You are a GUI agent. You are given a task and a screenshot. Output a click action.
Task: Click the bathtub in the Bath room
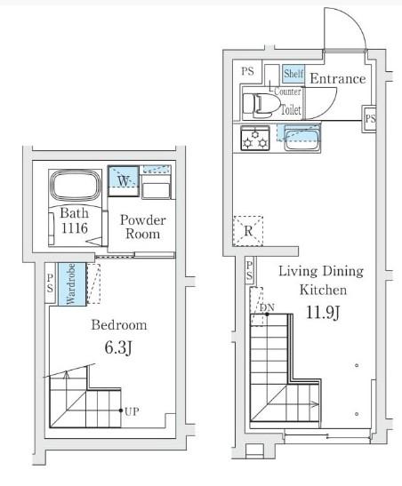76,186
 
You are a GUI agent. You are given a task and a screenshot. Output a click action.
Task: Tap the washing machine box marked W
123,181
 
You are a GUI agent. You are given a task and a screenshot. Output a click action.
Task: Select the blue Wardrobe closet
72,284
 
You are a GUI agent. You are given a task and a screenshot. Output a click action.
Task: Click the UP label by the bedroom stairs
132,411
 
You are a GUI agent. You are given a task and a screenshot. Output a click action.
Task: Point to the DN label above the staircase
267,307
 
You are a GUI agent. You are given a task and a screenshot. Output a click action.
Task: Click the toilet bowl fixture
261,105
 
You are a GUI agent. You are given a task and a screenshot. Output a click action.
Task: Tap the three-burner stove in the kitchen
255,138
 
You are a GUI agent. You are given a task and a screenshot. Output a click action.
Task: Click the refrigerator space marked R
248,231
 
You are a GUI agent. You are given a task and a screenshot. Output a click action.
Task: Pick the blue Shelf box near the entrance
293,74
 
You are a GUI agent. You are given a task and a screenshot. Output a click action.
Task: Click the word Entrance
338,78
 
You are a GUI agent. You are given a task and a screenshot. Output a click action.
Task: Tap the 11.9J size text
323,313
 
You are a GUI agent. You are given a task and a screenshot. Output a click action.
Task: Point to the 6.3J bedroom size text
118,347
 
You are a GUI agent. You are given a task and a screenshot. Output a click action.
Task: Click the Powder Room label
142,227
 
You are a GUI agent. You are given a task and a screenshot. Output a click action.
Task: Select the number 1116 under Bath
75,228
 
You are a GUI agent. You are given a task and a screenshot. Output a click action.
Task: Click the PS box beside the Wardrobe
50,283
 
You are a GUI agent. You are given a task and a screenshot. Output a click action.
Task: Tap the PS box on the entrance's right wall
369,119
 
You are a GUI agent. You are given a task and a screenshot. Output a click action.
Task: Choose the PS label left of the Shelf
247,71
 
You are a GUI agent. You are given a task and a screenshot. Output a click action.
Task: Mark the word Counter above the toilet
287,92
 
